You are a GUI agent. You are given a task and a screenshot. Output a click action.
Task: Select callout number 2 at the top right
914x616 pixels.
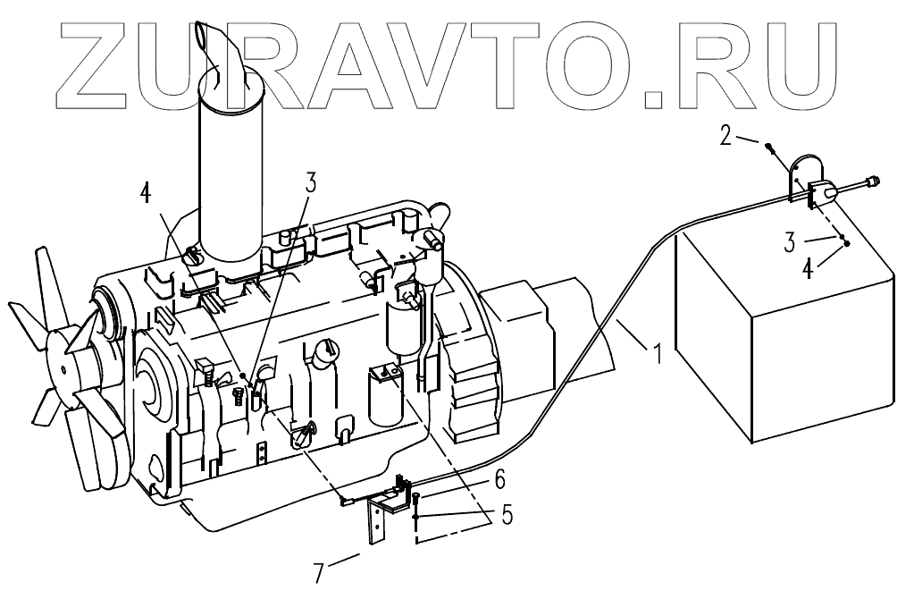(x=726, y=136)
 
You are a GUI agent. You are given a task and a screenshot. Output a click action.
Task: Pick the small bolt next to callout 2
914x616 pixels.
(x=768, y=148)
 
